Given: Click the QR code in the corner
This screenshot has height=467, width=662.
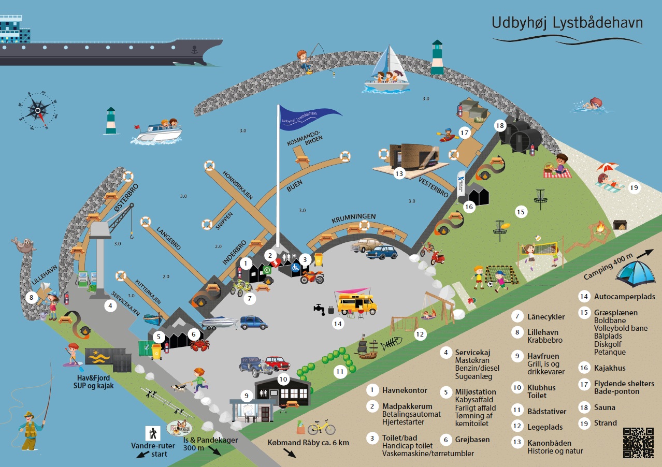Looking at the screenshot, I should [x=638, y=442].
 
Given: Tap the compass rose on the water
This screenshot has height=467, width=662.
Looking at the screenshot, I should [x=38, y=109].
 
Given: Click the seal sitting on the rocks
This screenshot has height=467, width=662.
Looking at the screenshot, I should [x=24, y=245].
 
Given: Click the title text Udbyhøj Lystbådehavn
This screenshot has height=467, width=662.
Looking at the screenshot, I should [x=567, y=23].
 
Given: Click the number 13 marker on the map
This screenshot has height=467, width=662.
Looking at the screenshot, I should [x=399, y=174].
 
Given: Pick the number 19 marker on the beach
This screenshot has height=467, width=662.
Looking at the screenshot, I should [x=634, y=187].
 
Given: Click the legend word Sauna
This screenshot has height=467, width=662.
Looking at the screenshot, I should [x=605, y=407].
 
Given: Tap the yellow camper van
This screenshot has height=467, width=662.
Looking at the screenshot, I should [x=357, y=302].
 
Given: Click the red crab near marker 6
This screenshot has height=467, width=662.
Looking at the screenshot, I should [x=199, y=345].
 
